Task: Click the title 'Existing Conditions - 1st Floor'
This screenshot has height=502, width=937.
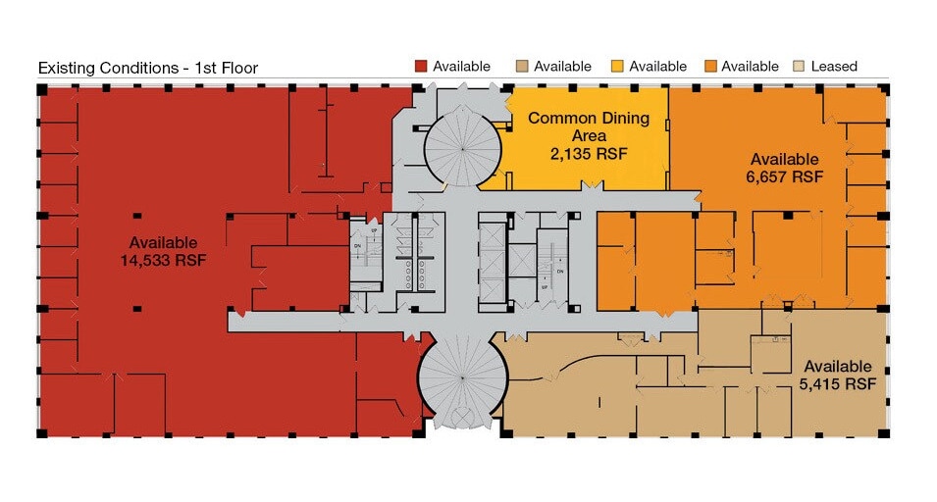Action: [x=147, y=69]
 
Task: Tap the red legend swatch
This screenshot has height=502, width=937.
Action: [x=421, y=67]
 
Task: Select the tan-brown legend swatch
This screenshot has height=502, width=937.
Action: [x=521, y=67]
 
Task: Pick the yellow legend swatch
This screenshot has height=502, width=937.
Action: [x=617, y=67]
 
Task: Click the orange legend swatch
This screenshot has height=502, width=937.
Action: [x=709, y=67]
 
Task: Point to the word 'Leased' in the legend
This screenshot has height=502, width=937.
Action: [x=834, y=67]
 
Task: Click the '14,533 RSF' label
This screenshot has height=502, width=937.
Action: [x=164, y=260]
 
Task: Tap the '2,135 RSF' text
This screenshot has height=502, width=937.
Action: [x=589, y=154]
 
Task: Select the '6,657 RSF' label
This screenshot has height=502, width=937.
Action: [x=784, y=177]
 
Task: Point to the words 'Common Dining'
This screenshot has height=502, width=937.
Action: [x=589, y=119]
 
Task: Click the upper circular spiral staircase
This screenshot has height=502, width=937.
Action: [x=460, y=146]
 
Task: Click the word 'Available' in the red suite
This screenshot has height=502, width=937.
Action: [x=164, y=242]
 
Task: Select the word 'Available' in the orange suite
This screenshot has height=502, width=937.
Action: [x=784, y=159]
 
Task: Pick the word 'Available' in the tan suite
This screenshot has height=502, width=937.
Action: [x=837, y=366]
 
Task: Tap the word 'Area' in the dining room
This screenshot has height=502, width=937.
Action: [x=589, y=136]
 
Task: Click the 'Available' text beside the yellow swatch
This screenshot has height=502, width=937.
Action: [x=657, y=67]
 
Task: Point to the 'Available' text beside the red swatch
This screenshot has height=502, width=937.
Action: [x=461, y=67]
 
